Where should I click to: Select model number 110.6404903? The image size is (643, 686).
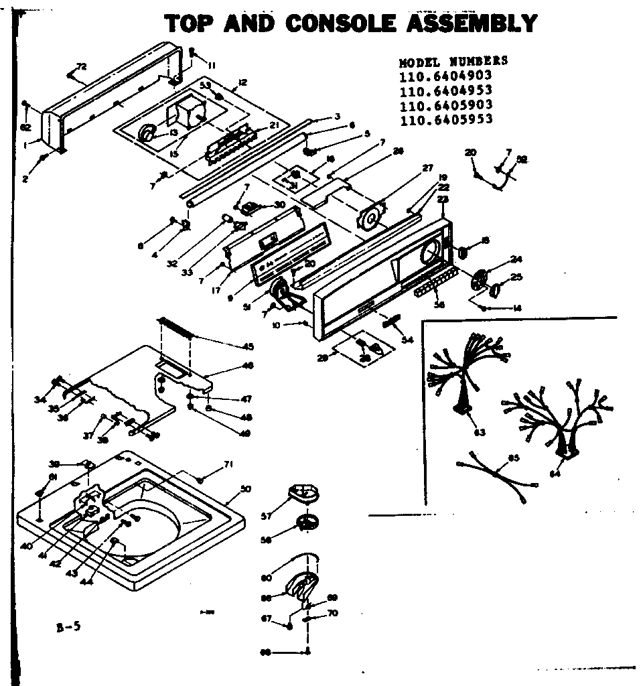pyautogui.click(x=445, y=76)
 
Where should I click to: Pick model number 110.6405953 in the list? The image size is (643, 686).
pyautogui.click(x=445, y=120)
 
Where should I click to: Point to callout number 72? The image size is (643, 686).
pyautogui.click(x=82, y=66)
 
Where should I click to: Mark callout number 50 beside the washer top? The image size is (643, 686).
pyautogui.click(x=245, y=489)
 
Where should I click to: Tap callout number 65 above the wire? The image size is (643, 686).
pyautogui.click(x=514, y=458)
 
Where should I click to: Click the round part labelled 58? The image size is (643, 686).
pyautogui.click(x=308, y=522)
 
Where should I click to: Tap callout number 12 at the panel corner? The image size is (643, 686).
pyautogui.click(x=242, y=82)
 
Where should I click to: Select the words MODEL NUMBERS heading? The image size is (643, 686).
pyautogui.click(x=453, y=62)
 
